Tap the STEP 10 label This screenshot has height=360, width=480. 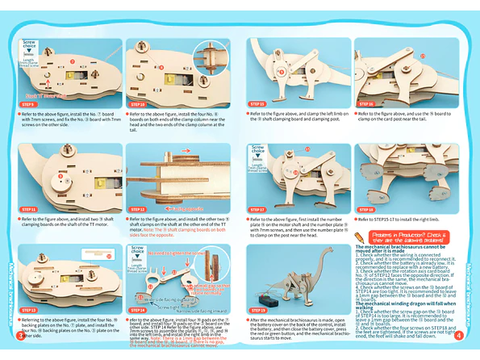point(138,105)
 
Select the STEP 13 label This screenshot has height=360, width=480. point(29,310)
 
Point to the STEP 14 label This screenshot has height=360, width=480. point(138,310)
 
